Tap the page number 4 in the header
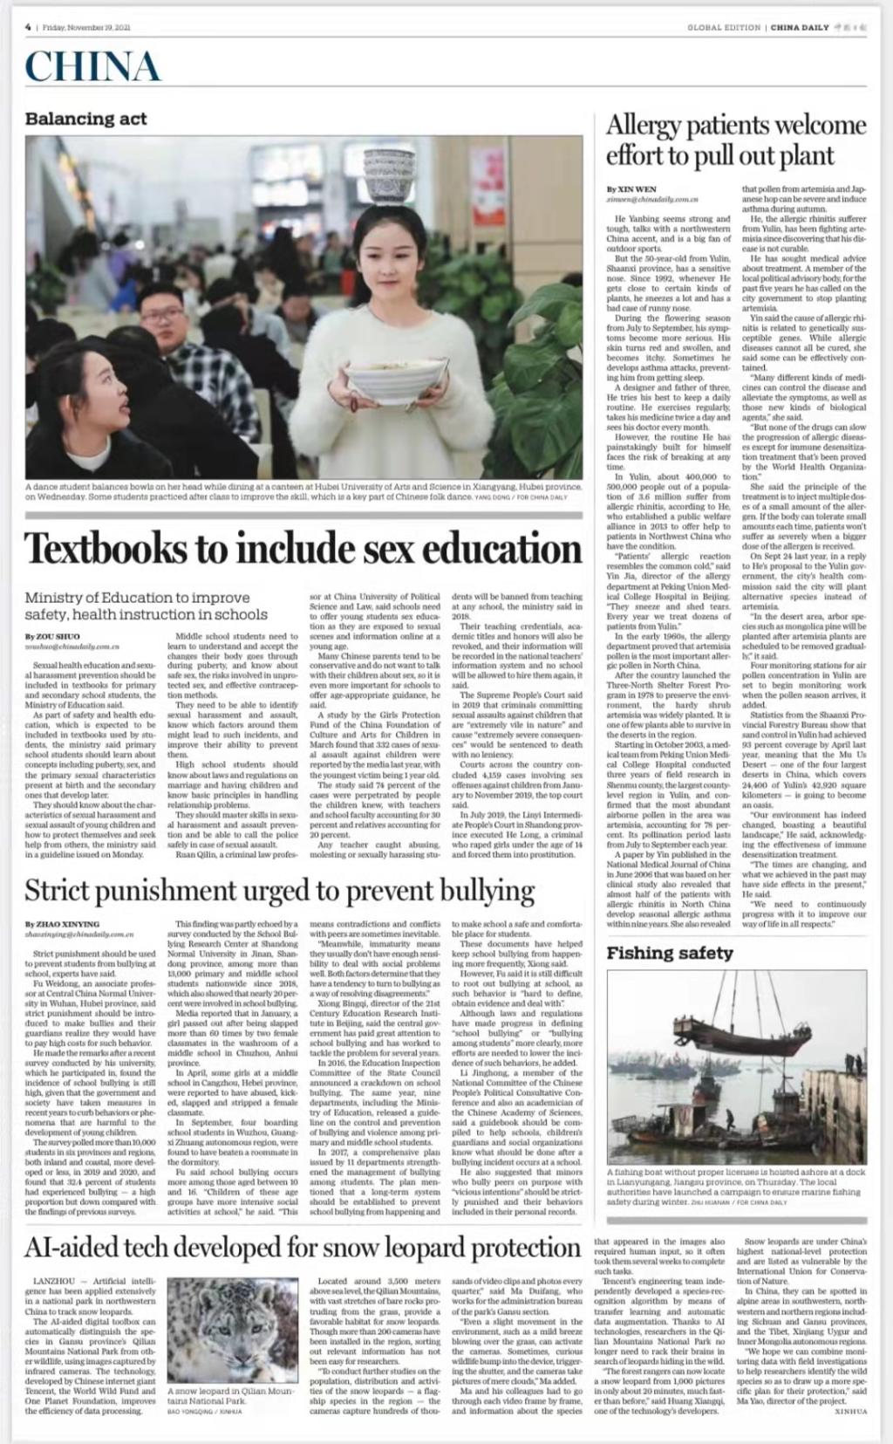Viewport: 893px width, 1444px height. click(28, 26)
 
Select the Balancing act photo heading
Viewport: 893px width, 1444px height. click(86, 119)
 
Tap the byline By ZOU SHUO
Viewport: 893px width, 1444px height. click(51, 637)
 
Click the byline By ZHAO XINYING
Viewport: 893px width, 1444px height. click(62, 924)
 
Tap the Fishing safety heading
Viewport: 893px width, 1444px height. click(670, 953)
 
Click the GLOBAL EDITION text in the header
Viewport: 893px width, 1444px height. click(724, 27)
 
